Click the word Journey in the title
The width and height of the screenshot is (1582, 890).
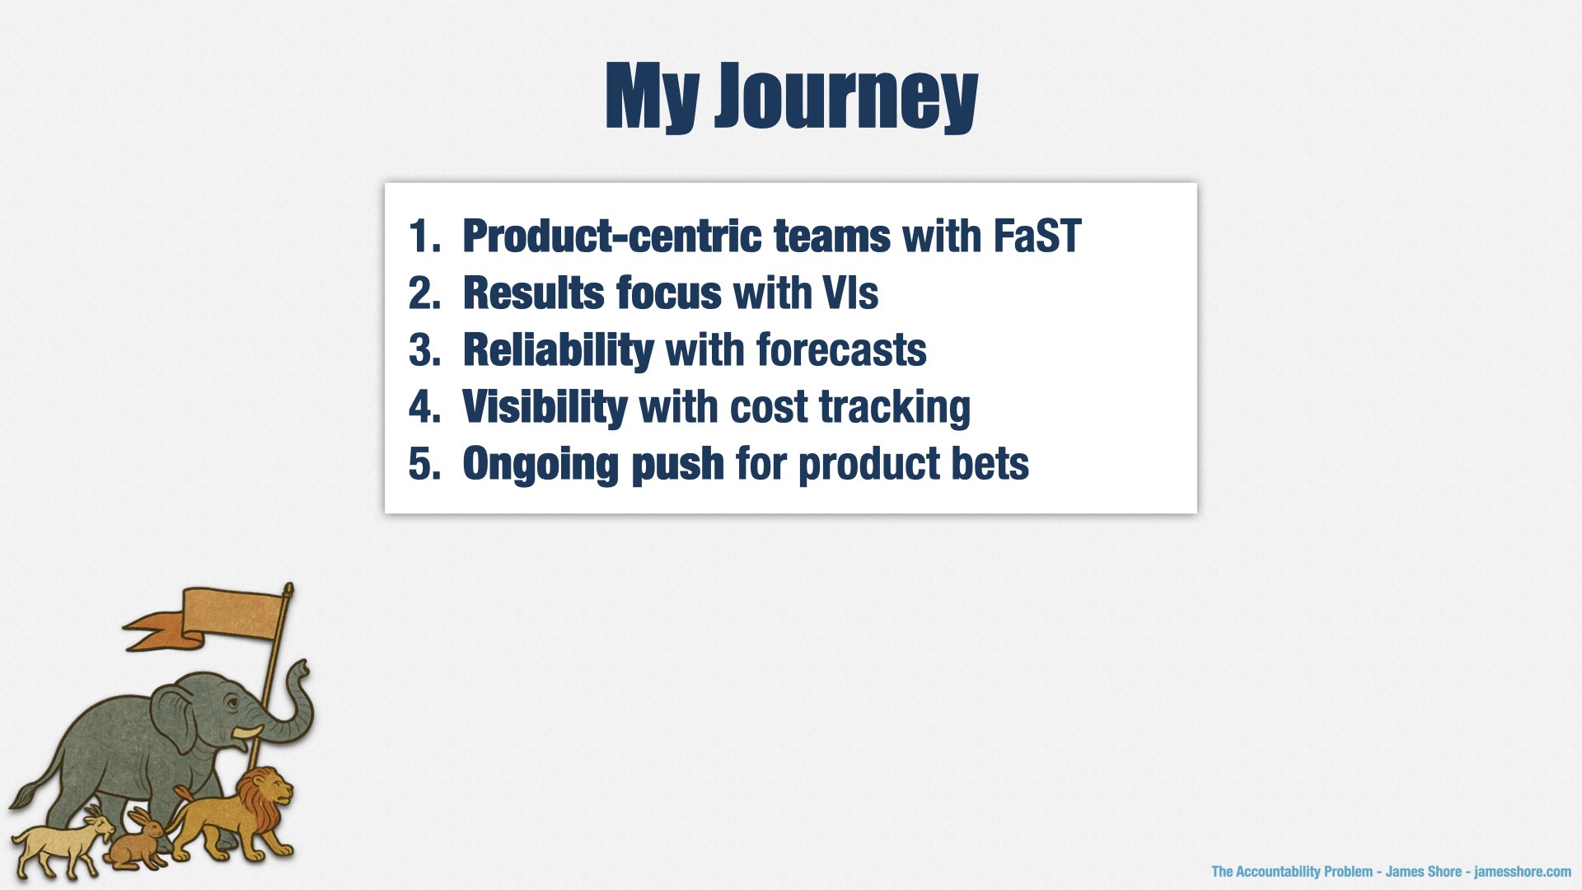click(846, 97)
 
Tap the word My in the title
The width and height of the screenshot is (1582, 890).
click(653, 97)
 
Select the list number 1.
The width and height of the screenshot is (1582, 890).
click(424, 237)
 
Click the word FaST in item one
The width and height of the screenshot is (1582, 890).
click(1037, 237)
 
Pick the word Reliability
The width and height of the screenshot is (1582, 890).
click(559, 351)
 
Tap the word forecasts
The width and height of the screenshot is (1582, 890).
click(841, 350)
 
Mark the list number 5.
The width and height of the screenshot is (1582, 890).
click(424, 464)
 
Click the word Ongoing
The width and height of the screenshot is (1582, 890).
click(540, 465)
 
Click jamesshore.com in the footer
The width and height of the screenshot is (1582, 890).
click(1523, 872)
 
